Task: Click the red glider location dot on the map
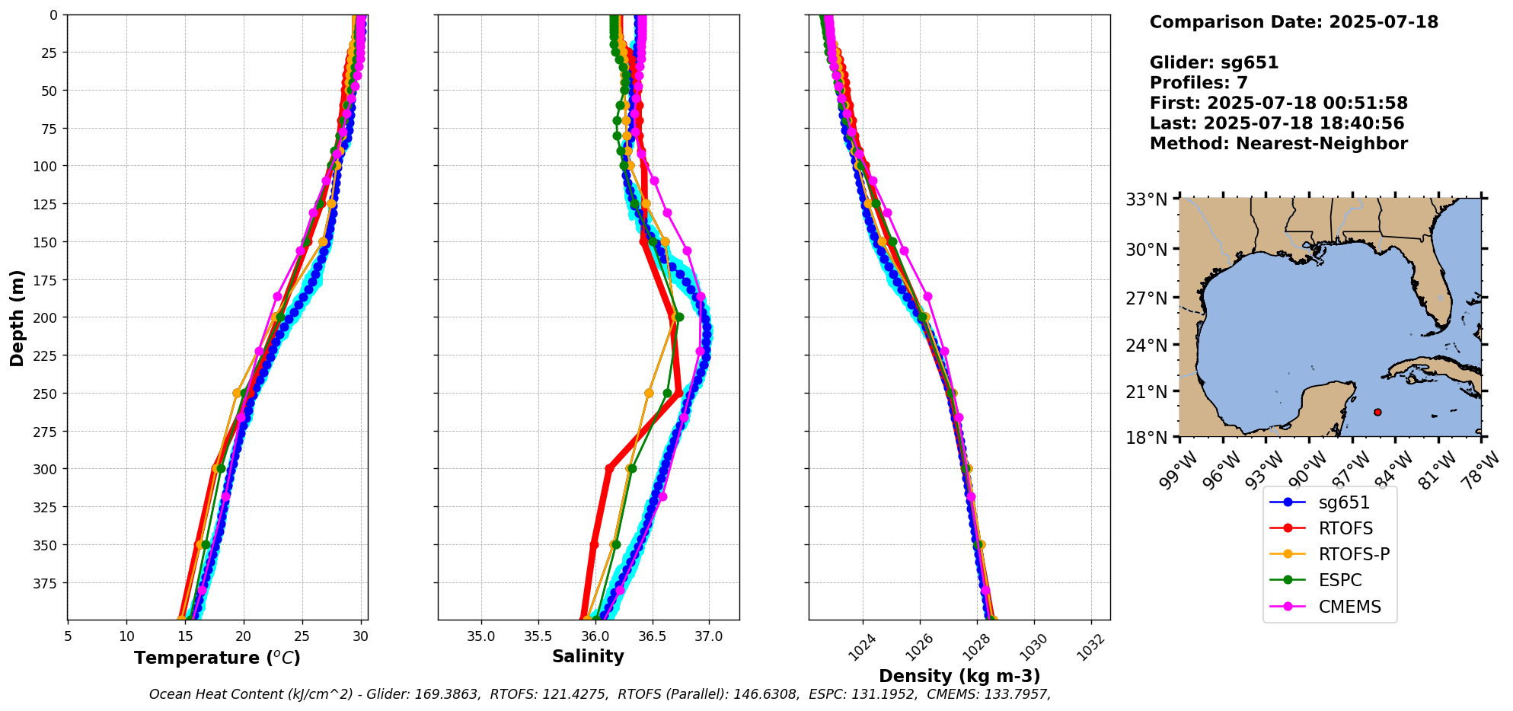click(x=1377, y=412)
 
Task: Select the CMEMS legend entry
click(x=1349, y=607)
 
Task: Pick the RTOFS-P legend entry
click(x=1354, y=554)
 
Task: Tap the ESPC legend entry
click(x=1340, y=580)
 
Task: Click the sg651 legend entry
click(x=1344, y=502)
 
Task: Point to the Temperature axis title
click(x=217, y=658)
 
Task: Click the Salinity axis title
click(x=588, y=656)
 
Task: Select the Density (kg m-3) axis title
click(x=959, y=676)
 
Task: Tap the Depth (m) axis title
click(x=17, y=317)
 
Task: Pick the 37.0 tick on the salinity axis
click(x=708, y=636)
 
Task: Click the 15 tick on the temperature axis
click(x=126, y=636)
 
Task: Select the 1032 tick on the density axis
click(x=1090, y=646)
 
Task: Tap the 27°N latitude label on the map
click(x=1147, y=298)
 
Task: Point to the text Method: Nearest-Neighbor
click(x=1278, y=144)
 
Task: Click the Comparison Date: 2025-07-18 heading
click(x=1294, y=22)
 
